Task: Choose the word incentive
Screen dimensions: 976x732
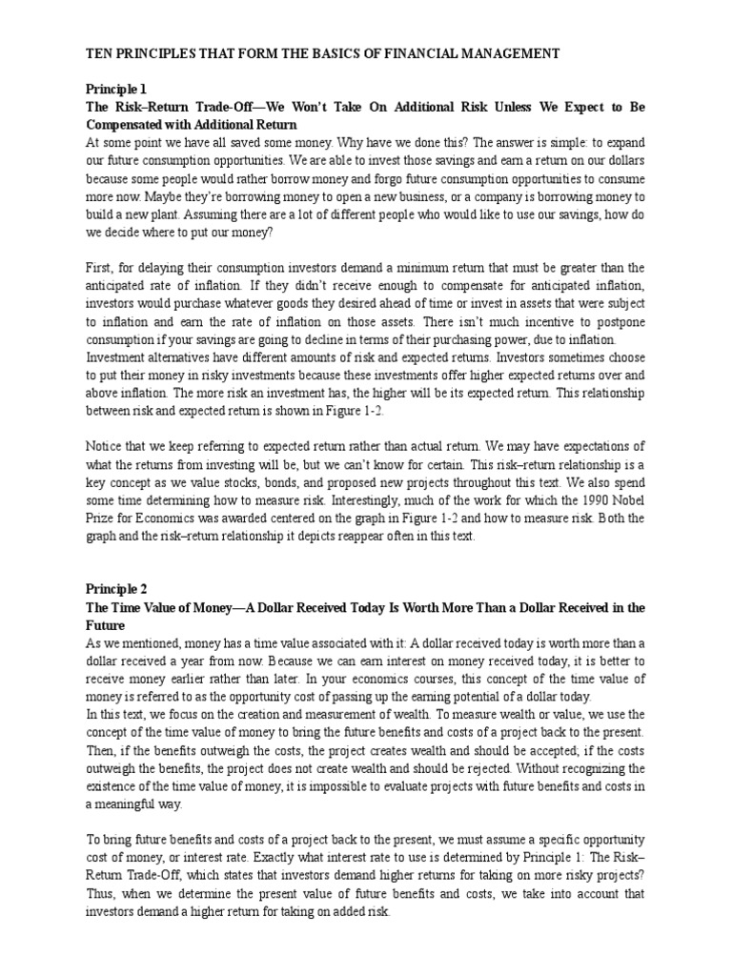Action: tap(507, 321)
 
